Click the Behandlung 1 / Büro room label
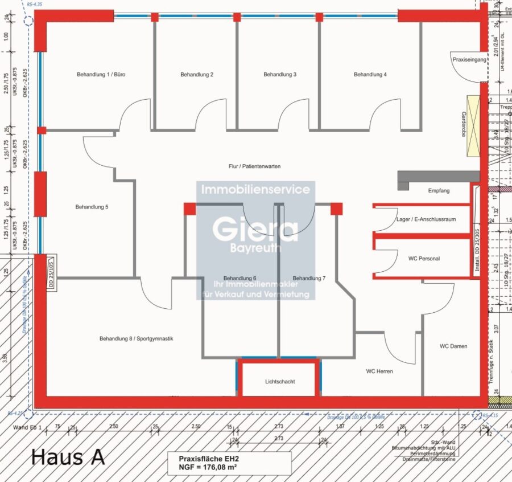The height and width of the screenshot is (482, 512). point(101,75)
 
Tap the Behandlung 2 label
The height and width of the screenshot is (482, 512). point(197,75)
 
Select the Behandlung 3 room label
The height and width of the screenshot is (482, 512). point(280,75)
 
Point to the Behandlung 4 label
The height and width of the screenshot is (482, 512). point(370,75)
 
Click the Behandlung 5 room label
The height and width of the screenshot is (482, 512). point(92,207)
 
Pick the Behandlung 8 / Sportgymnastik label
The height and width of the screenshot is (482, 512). point(136,339)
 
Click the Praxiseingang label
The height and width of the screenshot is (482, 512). point(470,59)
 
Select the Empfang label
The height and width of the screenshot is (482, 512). point(439,190)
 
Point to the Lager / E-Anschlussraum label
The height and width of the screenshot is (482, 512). point(426,219)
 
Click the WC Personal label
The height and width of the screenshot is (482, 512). point(424,259)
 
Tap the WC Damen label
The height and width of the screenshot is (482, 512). point(453,346)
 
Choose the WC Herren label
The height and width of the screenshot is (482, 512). point(379,371)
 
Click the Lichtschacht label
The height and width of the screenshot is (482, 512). point(280,382)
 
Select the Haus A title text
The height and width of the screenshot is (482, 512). point(68,456)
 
